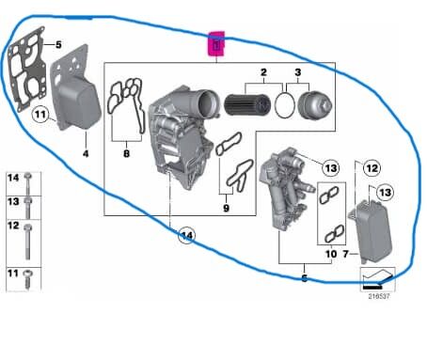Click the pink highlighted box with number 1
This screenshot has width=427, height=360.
(x=217, y=44)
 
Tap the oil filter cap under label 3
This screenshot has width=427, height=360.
(x=311, y=103)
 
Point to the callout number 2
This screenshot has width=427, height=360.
(x=264, y=72)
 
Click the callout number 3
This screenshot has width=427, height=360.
(x=299, y=72)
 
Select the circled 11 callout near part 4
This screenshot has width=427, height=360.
(x=40, y=115)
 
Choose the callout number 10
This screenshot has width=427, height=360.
(x=330, y=254)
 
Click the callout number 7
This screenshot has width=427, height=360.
(x=346, y=254)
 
